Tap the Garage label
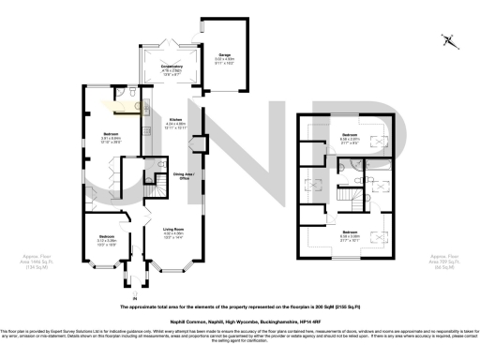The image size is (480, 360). click(225, 58)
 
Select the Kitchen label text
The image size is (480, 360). click(175, 123)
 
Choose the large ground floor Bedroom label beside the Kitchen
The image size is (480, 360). click(112, 139)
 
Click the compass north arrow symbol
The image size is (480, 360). click(450, 40)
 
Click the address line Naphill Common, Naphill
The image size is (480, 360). click(239, 320)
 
